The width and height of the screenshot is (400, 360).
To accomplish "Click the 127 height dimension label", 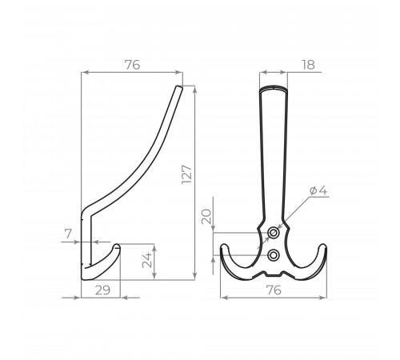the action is pyautogui.click(x=186, y=174).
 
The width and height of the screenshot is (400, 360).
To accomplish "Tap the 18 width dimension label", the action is pyautogui.click(x=308, y=65).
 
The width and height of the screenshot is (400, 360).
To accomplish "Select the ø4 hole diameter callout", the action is pyautogui.click(x=318, y=190).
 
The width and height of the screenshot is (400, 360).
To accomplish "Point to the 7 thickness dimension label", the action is pyautogui.click(x=68, y=234).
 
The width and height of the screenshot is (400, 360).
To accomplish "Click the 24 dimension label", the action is pyautogui.click(x=146, y=260).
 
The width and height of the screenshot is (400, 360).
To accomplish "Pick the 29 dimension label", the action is pyautogui.click(x=102, y=290).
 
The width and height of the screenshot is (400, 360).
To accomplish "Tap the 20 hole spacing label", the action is pyautogui.click(x=206, y=217).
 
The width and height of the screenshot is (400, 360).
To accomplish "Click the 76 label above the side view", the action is pyautogui.click(x=133, y=65).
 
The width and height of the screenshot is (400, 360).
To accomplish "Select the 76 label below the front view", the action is pyautogui.click(x=274, y=290).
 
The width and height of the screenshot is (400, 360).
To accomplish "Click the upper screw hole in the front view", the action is pyautogui.click(x=273, y=234).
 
